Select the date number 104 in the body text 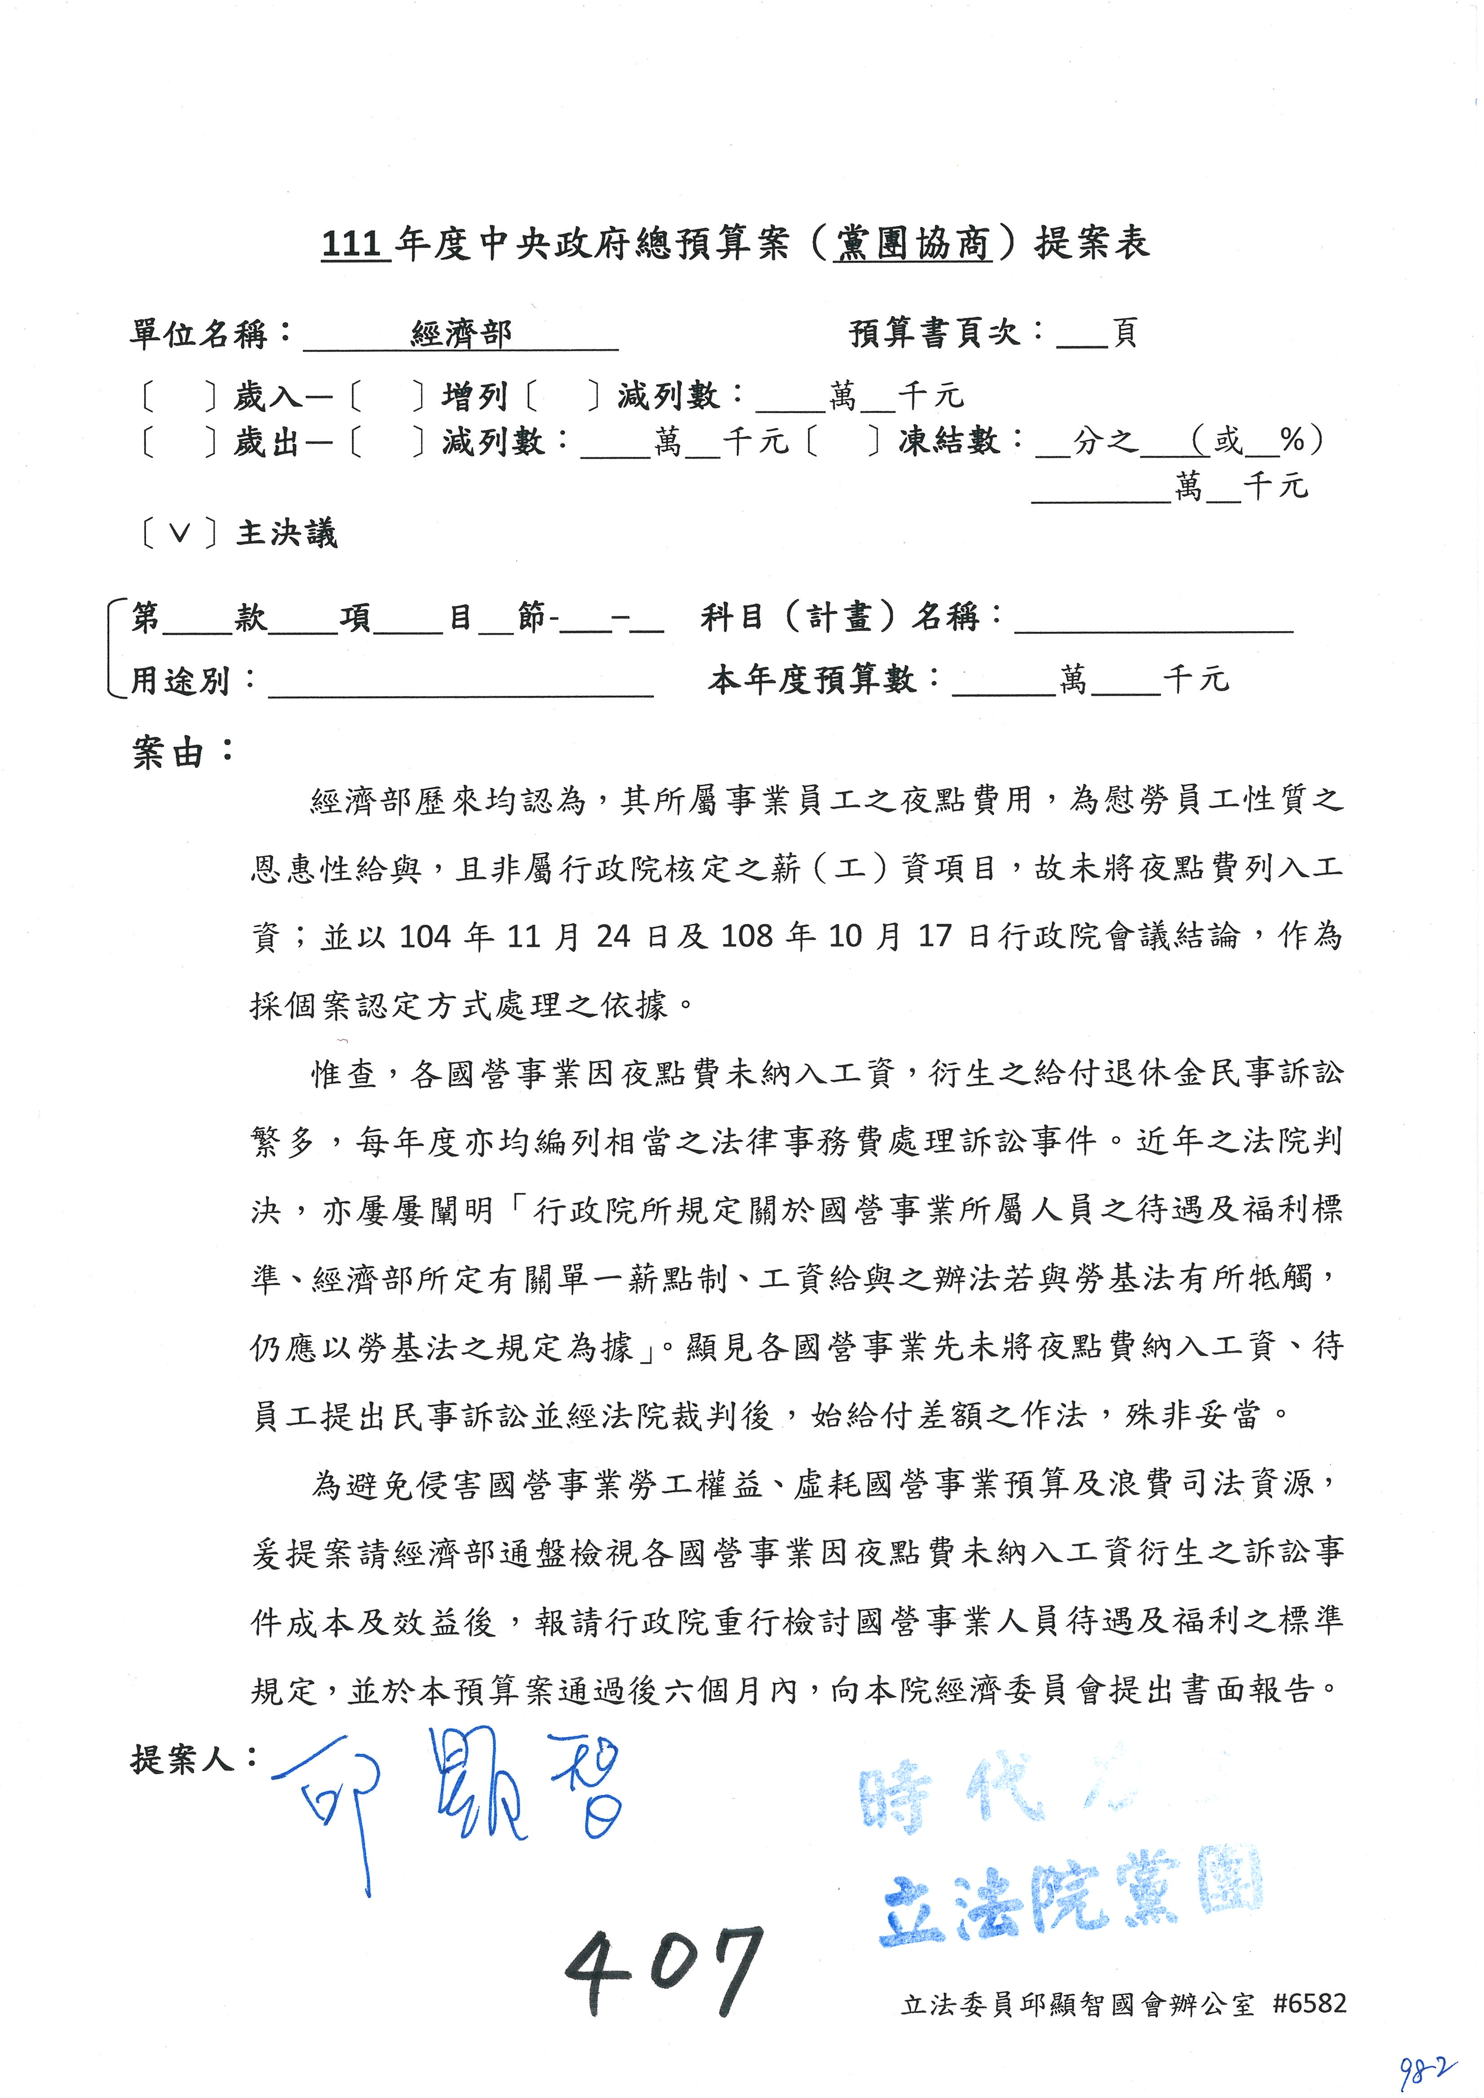coord(425,936)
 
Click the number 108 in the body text coord(748,936)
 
